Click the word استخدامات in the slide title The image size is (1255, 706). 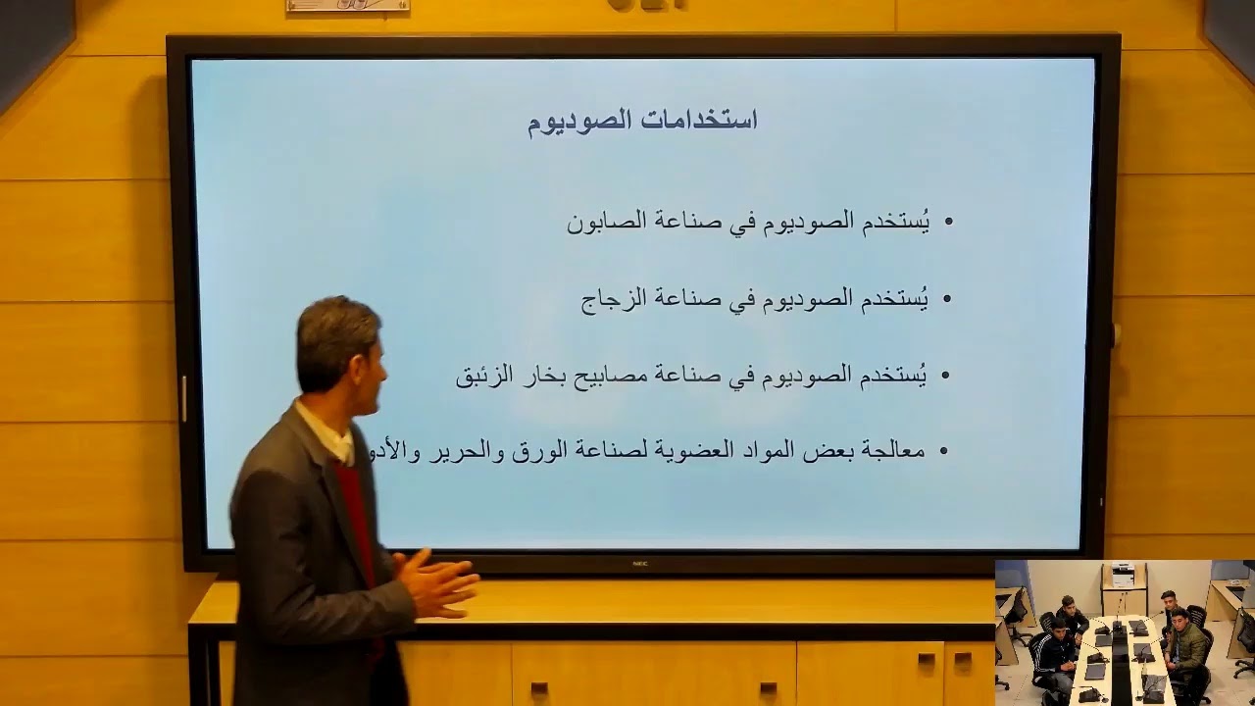(x=700, y=121)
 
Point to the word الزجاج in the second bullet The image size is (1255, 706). (x=615, y=299)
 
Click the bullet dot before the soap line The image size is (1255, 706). (x=948, y=223)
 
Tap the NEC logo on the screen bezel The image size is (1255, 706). (x=641, y=563)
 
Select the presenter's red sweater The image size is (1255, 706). (x=358, y=520)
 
